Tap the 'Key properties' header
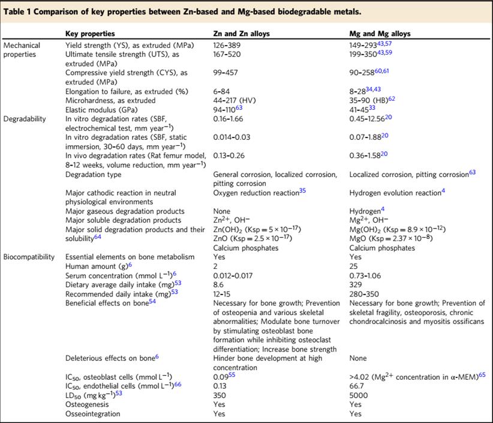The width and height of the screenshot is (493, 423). (x=90, y=34)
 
